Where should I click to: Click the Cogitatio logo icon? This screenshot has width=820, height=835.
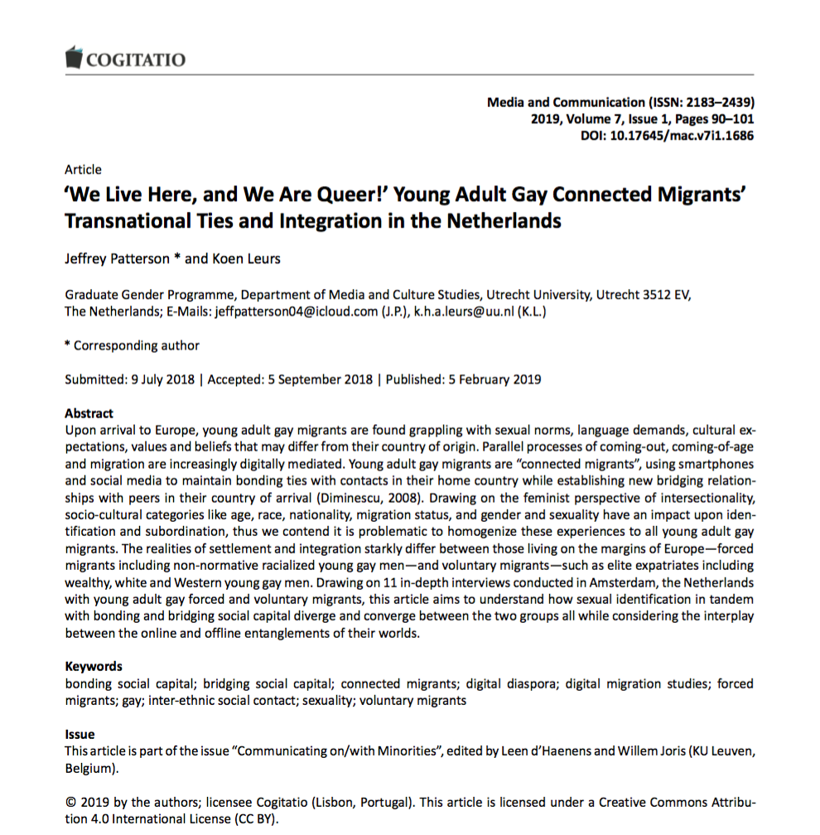point(75,58)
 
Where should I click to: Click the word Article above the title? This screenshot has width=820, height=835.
point(83,170)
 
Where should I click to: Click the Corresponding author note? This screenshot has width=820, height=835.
point(136,345)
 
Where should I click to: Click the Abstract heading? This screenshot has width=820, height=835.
point(89,413)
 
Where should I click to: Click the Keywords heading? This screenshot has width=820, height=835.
point(93,666)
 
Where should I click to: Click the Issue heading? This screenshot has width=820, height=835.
point(80,734)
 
